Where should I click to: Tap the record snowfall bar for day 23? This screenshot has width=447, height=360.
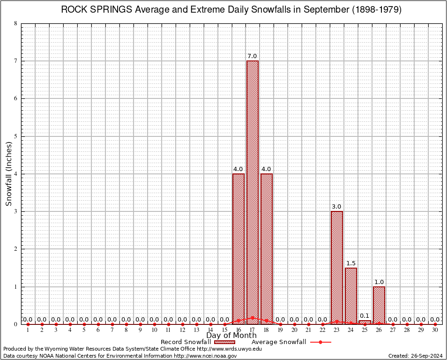pos(336,267)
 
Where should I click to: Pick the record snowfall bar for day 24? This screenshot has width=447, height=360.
pos(350,295)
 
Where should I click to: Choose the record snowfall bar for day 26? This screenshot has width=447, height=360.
pos(379,305)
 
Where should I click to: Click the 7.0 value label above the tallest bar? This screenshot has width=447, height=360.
pos(252,56)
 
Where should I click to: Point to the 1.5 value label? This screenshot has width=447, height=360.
pos(350,263)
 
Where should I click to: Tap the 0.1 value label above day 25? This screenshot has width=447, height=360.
pos(365,316)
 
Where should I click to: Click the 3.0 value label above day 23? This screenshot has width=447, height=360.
pos(336,207)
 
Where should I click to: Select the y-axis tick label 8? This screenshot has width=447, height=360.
pos(16,23)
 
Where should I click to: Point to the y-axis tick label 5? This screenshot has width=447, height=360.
pos(16,136)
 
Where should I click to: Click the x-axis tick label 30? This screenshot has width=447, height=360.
pos(435,330)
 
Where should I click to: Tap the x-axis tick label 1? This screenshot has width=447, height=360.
pos(28,330)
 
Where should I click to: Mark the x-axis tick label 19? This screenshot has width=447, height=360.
pos(280,330)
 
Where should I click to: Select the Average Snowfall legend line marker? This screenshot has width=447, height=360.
pos(320,342)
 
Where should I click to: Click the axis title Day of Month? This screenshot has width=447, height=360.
pos(231,336)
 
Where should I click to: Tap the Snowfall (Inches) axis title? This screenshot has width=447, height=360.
pos(9,173)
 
